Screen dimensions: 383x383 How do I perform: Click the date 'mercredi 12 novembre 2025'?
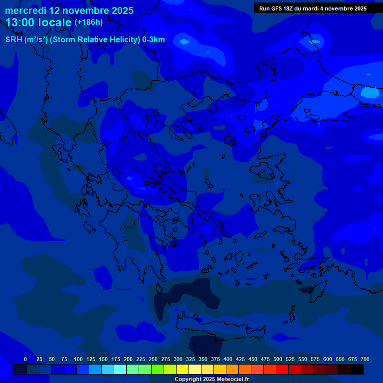tap(69, 10)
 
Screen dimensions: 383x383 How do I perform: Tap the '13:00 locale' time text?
tap(38, 22)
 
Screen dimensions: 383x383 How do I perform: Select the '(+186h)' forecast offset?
tap(89, 22)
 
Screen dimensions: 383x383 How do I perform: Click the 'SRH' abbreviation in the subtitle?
tap(13, 40)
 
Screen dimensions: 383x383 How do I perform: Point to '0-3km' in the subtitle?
tap(153, 40)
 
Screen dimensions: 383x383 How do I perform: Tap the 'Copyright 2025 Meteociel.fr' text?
tap(211, 379)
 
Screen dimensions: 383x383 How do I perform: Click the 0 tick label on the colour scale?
tap(25, 359)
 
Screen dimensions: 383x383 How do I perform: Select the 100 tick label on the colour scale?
tap(78, 359)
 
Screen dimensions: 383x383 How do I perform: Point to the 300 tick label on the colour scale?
tap(178, 359)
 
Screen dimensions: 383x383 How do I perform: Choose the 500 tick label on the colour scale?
tap(278, 359)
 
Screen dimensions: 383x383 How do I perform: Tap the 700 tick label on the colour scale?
tap(365, 359)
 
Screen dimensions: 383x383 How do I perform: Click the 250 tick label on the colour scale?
tap(153, 359)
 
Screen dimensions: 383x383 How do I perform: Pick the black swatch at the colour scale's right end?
tap(357, 369)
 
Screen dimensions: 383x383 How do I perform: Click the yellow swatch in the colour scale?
tap(183, 369)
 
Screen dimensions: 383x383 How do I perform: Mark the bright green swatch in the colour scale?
tap(158, 369)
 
